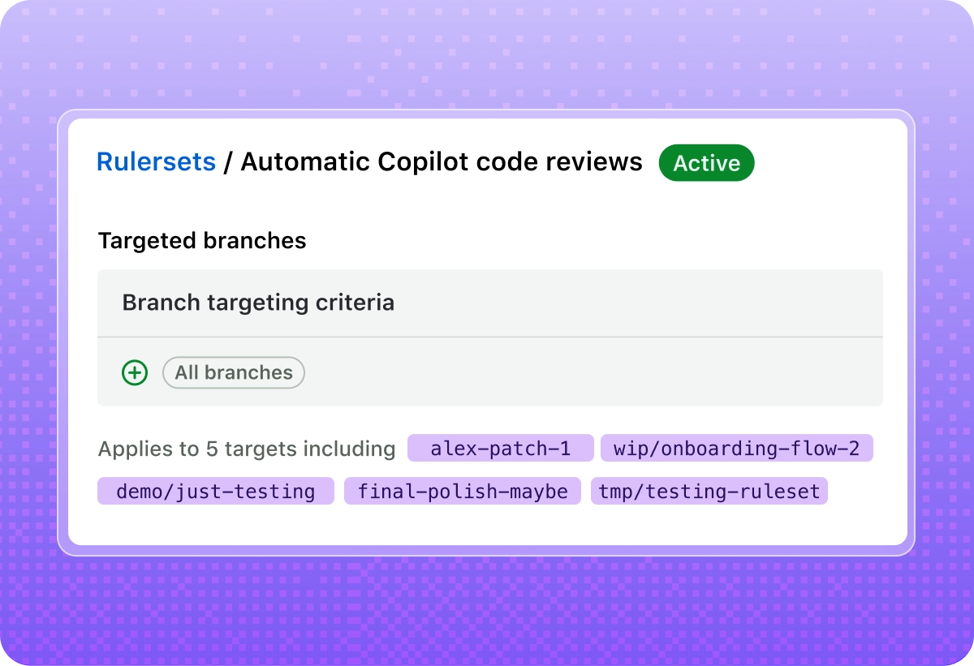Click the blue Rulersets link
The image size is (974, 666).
tap(156, 162)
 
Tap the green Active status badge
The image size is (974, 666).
tap(706, 163)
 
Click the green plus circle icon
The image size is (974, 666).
tap(135, 373)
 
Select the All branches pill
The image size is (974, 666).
tap(234, 373)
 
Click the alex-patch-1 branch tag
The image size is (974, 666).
tap(500, 449)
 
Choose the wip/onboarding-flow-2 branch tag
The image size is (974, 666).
tap(736, 449)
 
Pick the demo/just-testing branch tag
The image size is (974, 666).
tap(215, 491)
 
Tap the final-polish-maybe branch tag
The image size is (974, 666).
tap(463, 491)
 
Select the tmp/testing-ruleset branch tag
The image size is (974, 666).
tap(709, 491)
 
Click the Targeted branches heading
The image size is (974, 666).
tap(202, 241)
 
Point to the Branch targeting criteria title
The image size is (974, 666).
tap(258, 303)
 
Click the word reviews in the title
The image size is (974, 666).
tap(594, 162)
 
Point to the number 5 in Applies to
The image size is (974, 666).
tap(212, 449)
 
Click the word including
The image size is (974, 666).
tap(348, 449)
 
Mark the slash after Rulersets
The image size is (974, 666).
tap(228, 162)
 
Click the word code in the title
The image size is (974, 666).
tap(507, 162)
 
